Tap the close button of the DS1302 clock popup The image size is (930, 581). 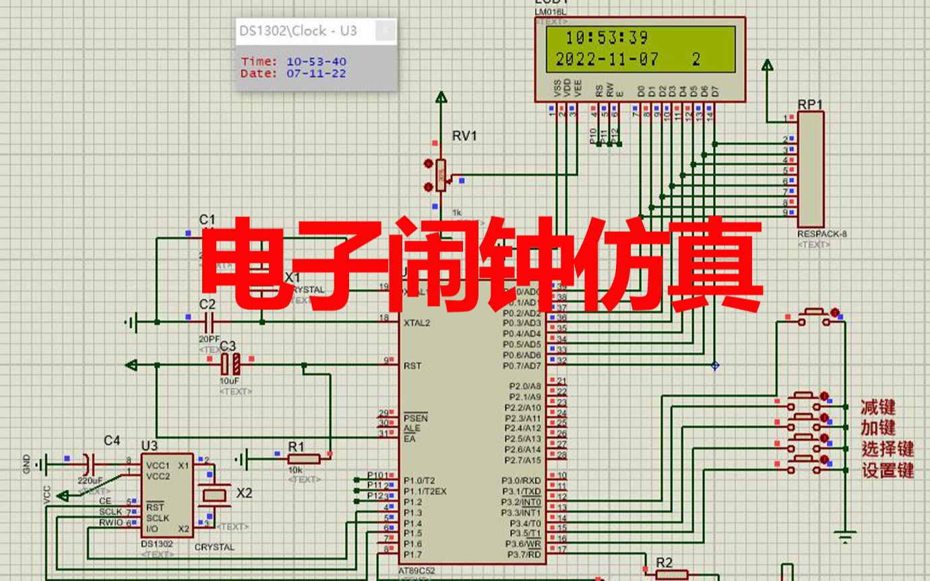click(x=385, y=30)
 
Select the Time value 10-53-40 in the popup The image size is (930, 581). click(x=316, y=62)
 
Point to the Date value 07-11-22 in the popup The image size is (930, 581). click(x=316, y=73)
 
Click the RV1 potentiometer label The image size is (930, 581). click(x=464, y=136)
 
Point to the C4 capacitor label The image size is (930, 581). click(x=112, y=441)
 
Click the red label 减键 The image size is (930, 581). click(x=877, y=407)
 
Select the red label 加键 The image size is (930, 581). click(x=877, y=428)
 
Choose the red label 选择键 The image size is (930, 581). click(x=887, y=449)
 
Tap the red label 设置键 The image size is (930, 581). click(x=887, y=470)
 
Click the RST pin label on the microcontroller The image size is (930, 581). click(x=413, y=366)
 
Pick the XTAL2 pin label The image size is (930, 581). click(x=416, y=323)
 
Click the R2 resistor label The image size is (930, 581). click(x=664, y=563)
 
